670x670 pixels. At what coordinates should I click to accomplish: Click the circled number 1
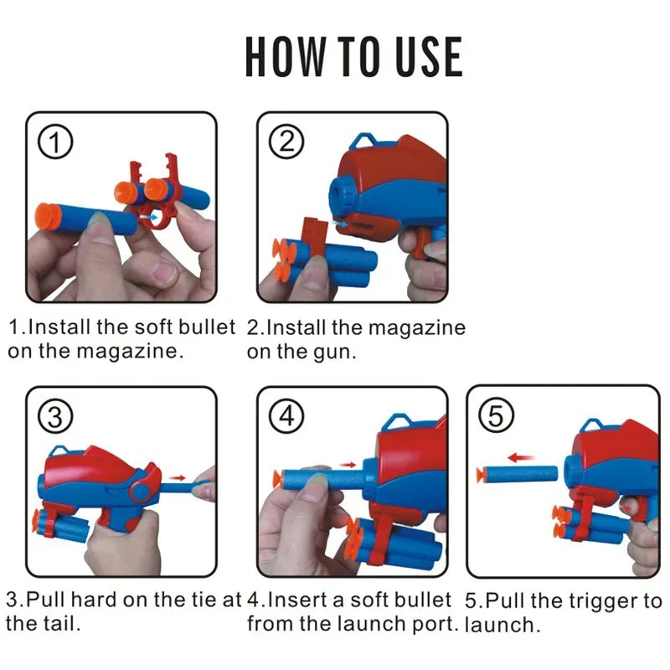pos(57,142)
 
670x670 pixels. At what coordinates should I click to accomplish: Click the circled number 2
pos(286,142)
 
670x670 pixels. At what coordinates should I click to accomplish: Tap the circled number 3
pos(56,415)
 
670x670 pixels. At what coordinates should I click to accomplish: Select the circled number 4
pos(287,416)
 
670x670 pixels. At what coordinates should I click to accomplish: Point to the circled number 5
pos(496,415)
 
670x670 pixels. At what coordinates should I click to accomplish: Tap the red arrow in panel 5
pos(522,458)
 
